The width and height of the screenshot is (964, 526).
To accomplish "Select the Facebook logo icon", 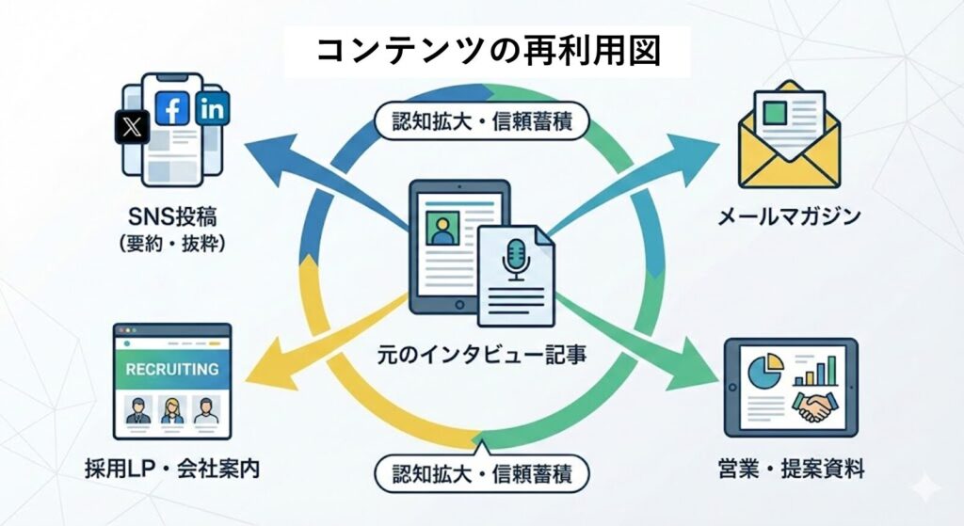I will (172, 109).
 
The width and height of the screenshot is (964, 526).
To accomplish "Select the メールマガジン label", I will (789, 217).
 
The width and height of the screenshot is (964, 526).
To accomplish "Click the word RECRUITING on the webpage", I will (172, 369).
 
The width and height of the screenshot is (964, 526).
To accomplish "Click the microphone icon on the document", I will (515, 259).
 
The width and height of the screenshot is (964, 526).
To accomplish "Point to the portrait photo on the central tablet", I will (440, 229).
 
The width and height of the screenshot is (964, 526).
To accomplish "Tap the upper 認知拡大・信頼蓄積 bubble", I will (482, 120).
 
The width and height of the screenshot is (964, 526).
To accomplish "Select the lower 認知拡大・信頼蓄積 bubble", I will (482, 468).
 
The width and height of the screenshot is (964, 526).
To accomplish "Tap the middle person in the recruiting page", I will (172, 409).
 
